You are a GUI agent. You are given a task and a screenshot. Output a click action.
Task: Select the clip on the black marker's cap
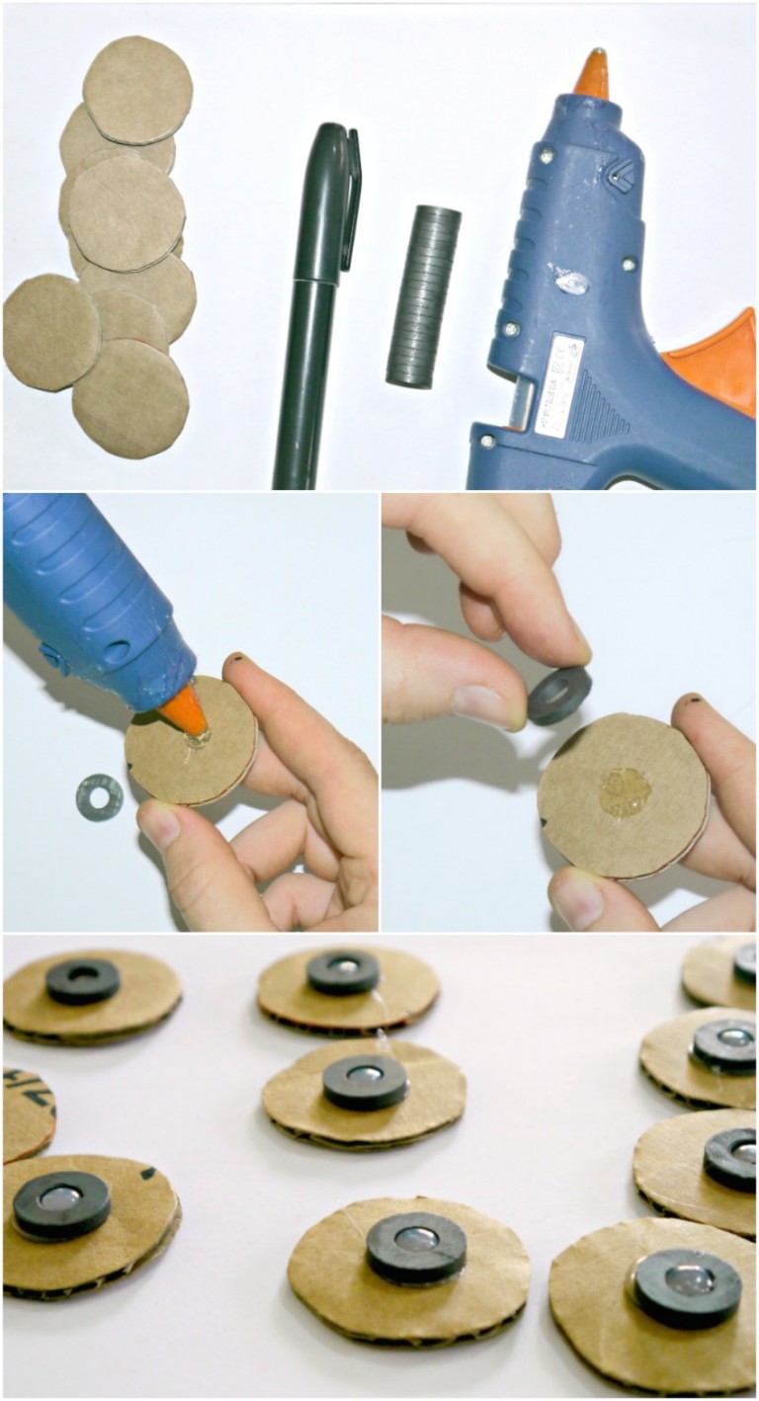352,198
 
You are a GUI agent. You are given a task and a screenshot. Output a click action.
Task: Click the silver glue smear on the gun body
571,282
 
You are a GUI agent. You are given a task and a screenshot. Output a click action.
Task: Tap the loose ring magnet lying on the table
99,796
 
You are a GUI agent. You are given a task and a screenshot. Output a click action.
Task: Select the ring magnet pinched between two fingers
558,696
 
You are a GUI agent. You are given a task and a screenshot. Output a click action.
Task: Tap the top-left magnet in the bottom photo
82,981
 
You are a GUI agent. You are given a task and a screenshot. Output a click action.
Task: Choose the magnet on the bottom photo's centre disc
365,1082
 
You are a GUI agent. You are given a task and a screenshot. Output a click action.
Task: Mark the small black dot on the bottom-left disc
147,1175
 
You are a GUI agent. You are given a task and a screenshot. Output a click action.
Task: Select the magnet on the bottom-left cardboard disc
61,1204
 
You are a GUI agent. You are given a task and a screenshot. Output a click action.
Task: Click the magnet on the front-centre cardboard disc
416,1247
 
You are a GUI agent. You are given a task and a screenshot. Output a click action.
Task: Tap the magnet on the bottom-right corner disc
687,1287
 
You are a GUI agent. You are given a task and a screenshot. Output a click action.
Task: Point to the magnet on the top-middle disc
342,971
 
